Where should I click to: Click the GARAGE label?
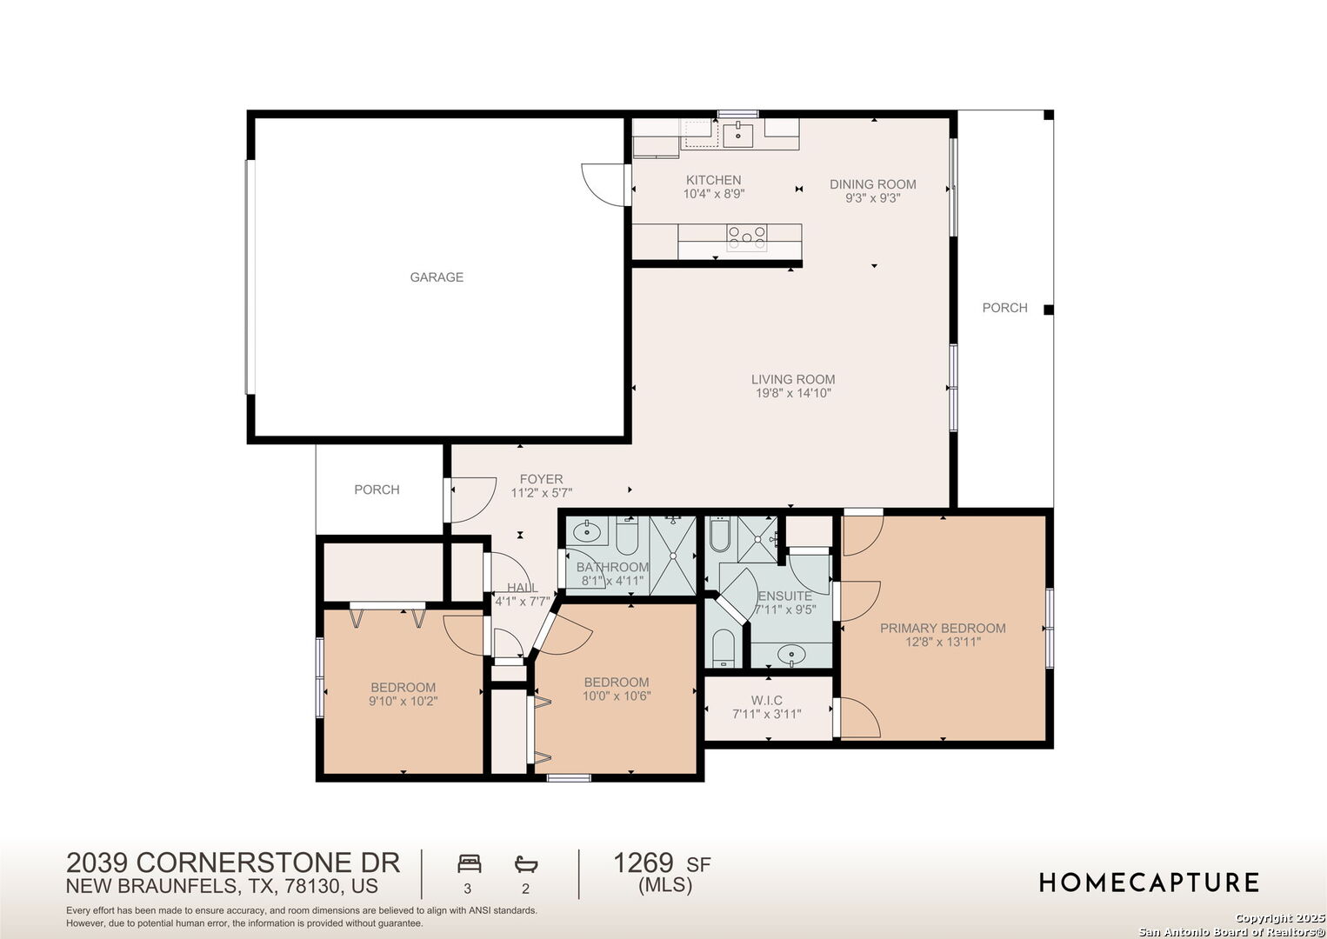(437, 276)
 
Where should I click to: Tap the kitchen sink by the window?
(737, 136)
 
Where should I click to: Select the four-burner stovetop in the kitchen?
(746, 237)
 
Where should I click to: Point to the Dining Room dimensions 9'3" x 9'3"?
(872, 198)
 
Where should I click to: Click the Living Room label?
(793, 379)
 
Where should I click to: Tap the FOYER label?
(542, 479)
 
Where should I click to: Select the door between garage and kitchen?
(603, 185)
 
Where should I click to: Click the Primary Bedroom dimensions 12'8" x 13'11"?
(943, 642)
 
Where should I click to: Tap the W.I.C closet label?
(767, 700)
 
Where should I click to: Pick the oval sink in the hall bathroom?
(586, 531)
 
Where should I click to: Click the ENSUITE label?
(785, 596)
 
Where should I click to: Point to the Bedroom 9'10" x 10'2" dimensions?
(403, 701)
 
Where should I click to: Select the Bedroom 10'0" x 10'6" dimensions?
(617, 696)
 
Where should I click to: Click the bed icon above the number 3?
(470, 863)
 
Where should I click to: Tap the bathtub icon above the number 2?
(526, 864)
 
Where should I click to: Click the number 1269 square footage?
(643, 862)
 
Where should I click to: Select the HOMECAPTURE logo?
(1149, 882)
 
